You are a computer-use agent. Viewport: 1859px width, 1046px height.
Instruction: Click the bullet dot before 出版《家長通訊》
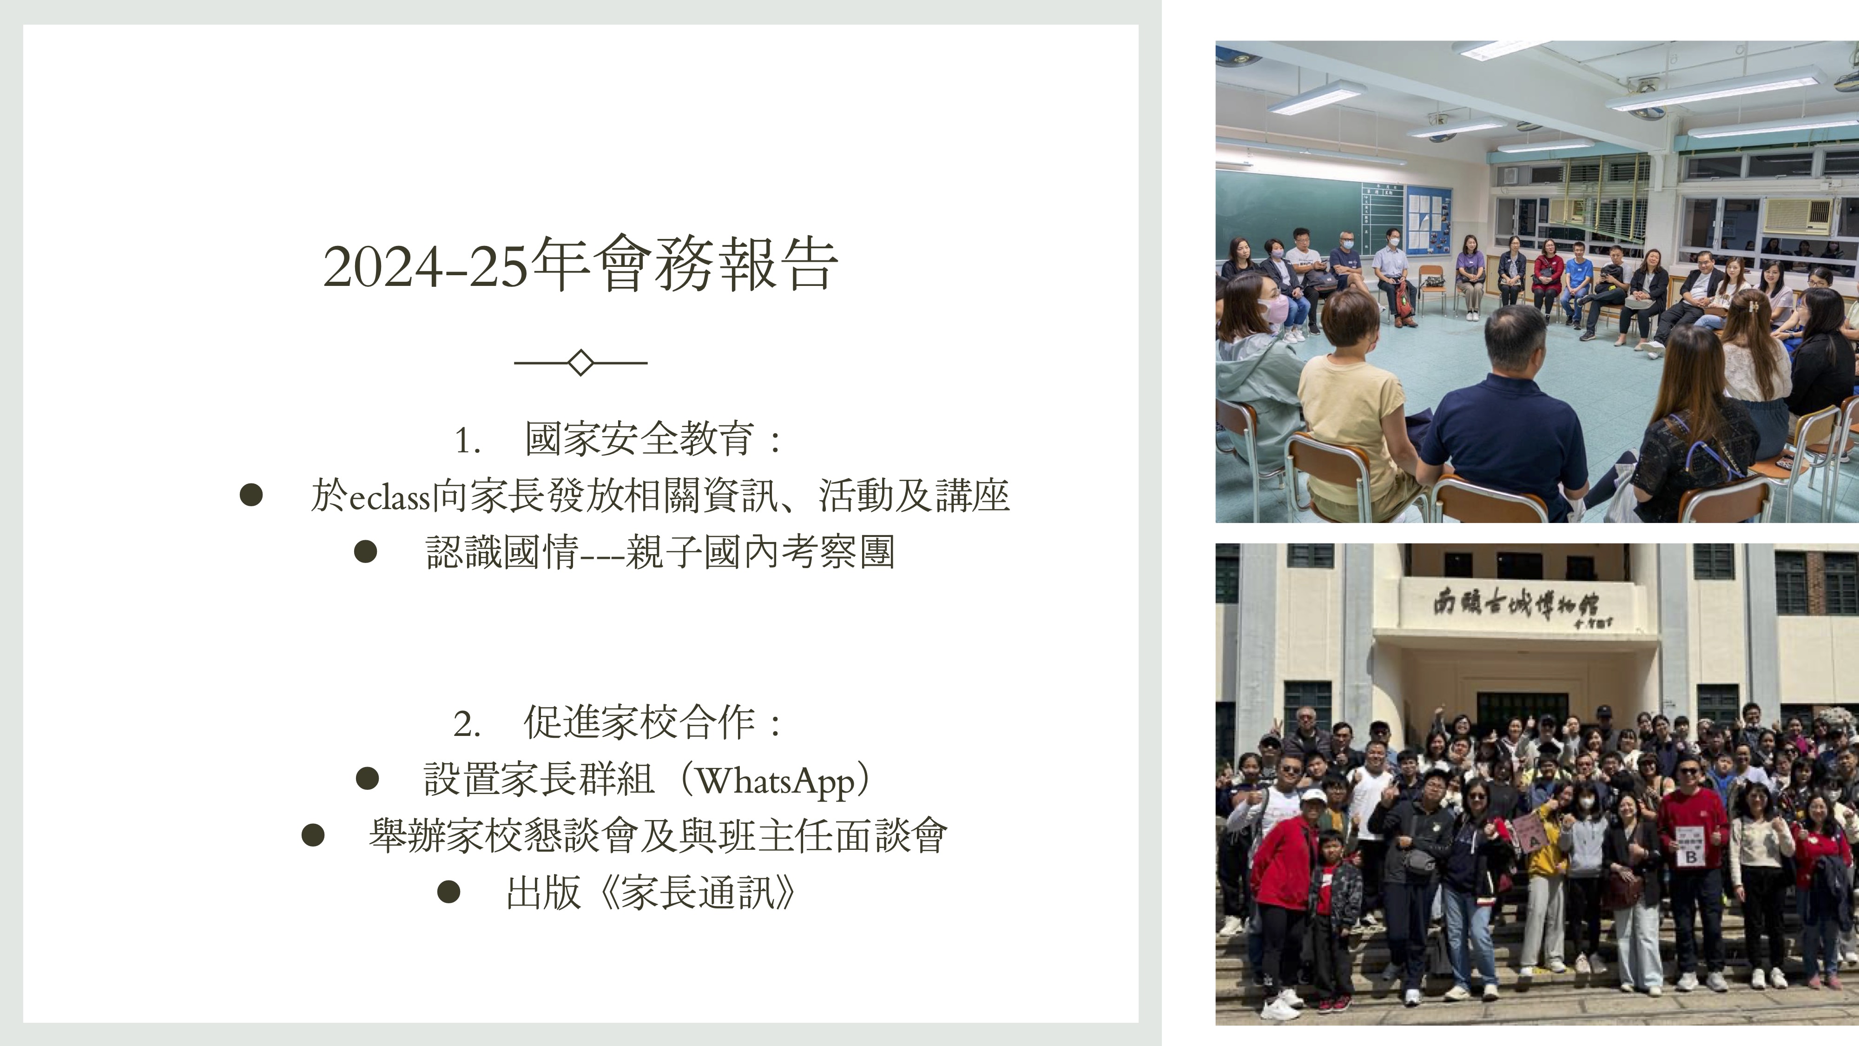pyautogui.click(x=449, y=892)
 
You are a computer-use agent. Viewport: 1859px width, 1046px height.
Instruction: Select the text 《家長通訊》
pyautogui.click(x=696, y=894)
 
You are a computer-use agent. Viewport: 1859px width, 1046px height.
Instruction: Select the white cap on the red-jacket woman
pyautogui.click(x=1313, y=795)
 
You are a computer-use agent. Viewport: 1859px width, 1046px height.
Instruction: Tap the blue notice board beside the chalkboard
pyautogui.click(x=1427, y=221)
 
